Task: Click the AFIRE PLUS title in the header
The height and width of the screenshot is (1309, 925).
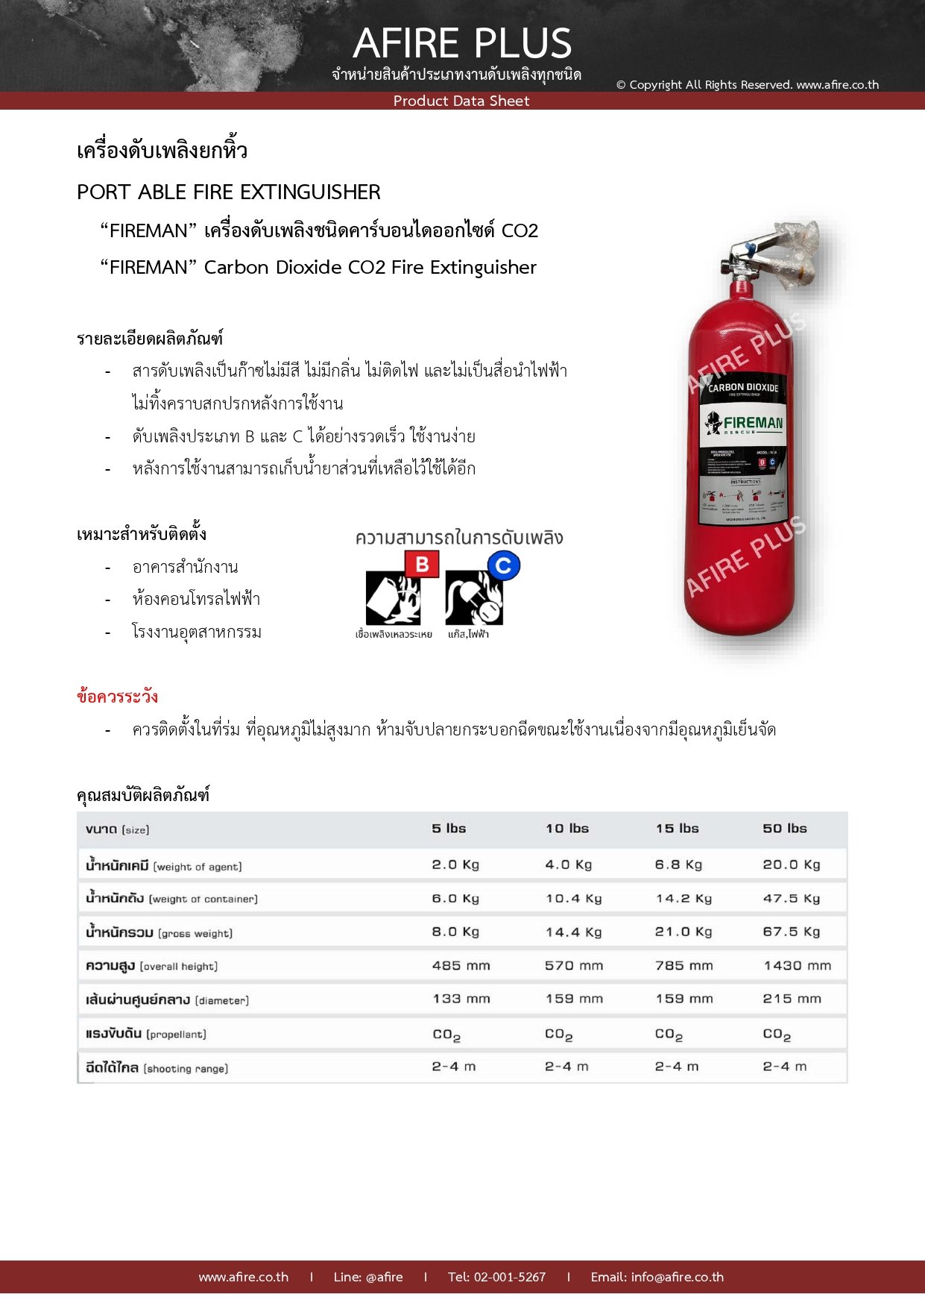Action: point(462,43)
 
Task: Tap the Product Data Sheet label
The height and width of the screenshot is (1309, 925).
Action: point(461,101)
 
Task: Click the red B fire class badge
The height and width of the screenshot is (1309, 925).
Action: point(422,565)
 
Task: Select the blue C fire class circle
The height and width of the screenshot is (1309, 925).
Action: point(504,566)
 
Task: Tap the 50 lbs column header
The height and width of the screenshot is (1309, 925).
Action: point(784,829)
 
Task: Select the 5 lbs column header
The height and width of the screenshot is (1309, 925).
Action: point(449,829)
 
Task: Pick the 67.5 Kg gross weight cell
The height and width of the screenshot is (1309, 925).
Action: point(791,932)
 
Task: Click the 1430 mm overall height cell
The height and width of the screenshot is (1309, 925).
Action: point(797,966)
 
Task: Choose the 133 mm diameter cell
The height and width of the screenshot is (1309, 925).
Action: point(461,999)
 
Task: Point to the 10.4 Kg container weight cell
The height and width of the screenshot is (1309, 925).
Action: point(573,899)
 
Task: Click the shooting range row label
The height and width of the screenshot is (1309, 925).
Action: point(157,1068)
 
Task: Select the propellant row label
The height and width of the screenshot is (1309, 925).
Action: point(146,1035)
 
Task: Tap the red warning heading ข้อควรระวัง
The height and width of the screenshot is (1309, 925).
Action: point(117,697)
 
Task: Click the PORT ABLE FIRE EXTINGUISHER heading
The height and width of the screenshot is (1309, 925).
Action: point(229,192)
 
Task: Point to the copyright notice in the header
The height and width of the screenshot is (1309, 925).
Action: point(747,85)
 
